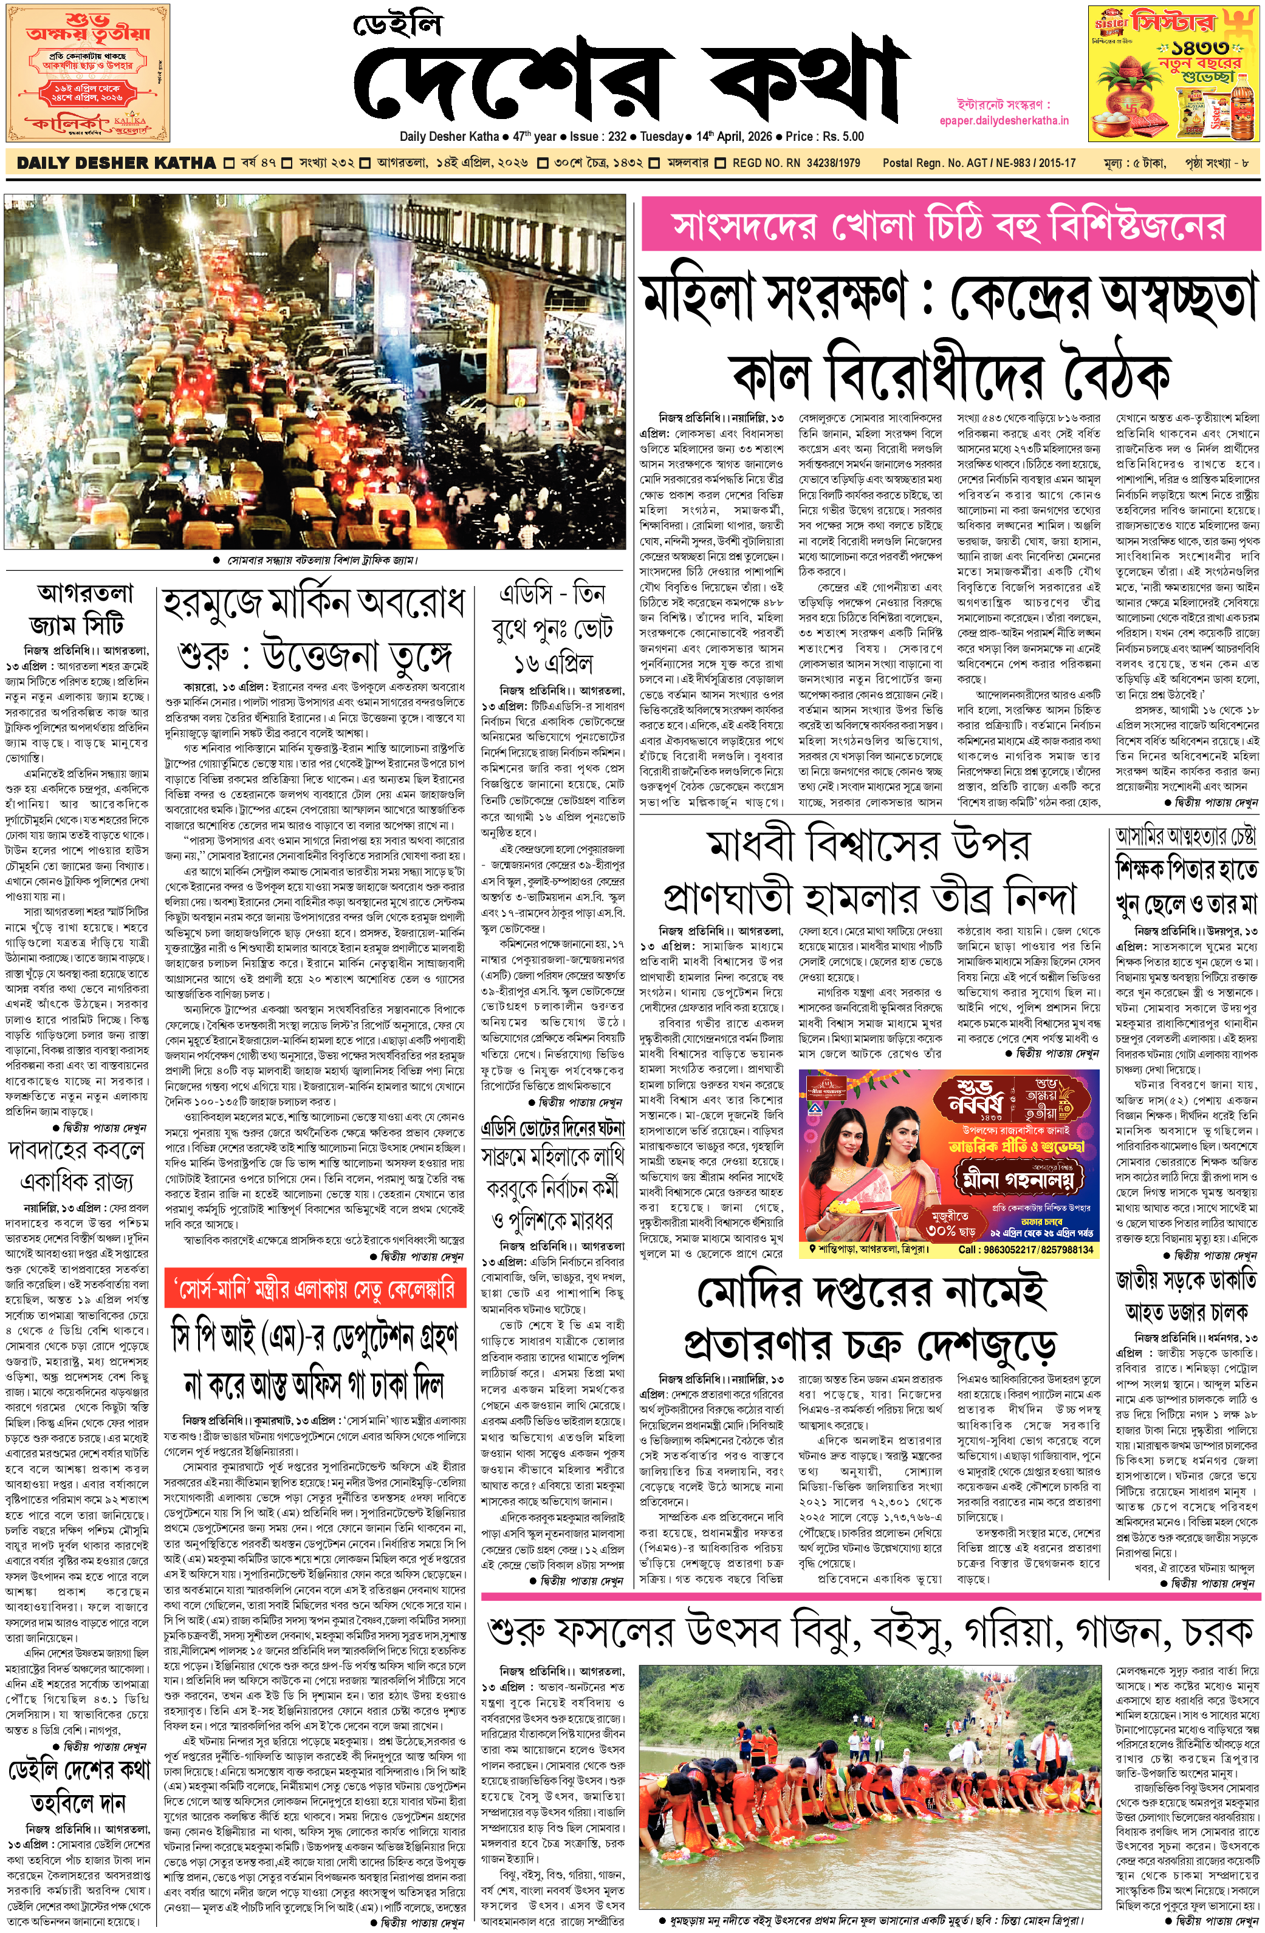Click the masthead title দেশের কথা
point(629,80)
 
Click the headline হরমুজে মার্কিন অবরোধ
point(314,604)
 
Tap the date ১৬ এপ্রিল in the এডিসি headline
point(552,663)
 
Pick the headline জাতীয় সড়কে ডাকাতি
point(1186,1281)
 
